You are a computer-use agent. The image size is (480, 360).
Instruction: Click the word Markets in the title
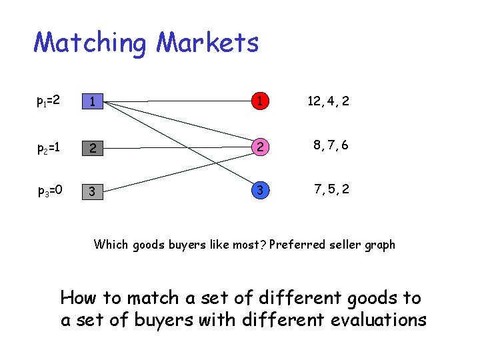point(207,43)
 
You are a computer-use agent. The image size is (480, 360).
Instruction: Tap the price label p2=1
point(49,146)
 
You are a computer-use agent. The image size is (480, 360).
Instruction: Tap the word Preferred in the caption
point(297,245)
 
